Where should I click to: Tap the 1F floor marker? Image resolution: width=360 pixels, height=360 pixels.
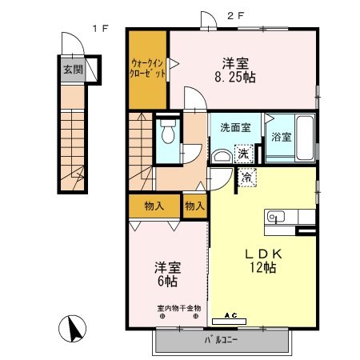[99, 30]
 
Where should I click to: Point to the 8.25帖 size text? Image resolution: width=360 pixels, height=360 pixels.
[234, 78]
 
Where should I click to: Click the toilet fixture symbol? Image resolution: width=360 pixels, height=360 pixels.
[168, 134]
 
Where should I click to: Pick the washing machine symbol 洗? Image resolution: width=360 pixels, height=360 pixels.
[241, 153]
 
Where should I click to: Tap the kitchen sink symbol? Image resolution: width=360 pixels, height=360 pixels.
[276, 216]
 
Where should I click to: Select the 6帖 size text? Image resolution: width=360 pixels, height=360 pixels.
[166, 281]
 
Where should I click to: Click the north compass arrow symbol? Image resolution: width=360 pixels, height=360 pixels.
[73, 329]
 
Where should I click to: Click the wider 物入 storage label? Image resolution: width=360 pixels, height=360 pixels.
[154, 206]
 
